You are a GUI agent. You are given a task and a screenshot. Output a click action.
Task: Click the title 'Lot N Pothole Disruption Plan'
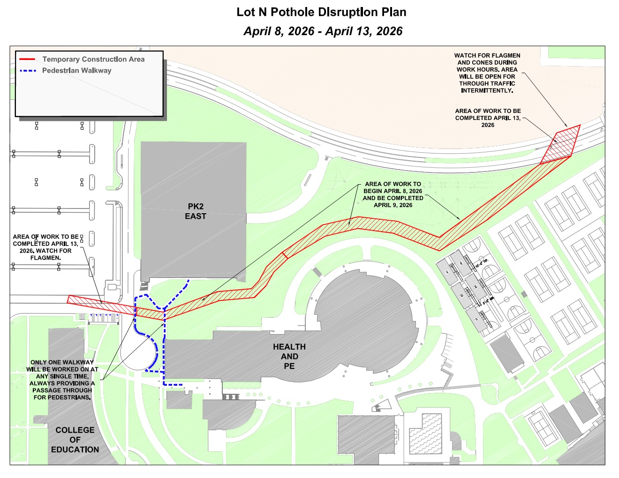pyautogui.click(x=321, y=12)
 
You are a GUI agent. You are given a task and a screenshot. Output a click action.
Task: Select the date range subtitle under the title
pyautogui.click(x=323, y=31)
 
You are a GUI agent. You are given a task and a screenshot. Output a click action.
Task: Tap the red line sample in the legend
pyautogui.click(x=27, y=60)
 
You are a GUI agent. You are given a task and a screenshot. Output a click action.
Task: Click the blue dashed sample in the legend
pyautogui.click(x=28, y=71)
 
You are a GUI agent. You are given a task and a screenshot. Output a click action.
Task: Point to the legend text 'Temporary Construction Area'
pyautogui.click(x=93, y=60)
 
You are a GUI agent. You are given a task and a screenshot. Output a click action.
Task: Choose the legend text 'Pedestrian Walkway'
pyautogui.click(x=76, y=71)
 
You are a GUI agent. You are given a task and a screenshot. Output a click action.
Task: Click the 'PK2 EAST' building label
pyautogui.click(x=196, y=211)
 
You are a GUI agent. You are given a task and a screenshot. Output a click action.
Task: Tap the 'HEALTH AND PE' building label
pyautogui.click(x=289, y=356)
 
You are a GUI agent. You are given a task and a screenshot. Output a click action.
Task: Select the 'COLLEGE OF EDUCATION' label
pyautogui.click(x=75, y=440)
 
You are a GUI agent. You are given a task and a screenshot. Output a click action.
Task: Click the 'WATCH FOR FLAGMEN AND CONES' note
pyautogui.click(x=487, y=73)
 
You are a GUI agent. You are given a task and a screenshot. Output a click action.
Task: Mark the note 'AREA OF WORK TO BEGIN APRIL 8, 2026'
pyautogui.click(x=393, y=194)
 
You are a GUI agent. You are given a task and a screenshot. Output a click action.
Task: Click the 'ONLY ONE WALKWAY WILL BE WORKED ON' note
pyautogui.click(x=62, y=380)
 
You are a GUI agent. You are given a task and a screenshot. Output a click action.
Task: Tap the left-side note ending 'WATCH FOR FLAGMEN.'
pyautogui.click(x=45, y=247)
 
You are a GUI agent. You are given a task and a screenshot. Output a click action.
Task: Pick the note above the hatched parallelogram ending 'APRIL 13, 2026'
pyautogui.click(x=488, y=118)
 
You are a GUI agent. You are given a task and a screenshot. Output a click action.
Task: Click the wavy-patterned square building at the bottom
pyautogui.click(x=425, y=433)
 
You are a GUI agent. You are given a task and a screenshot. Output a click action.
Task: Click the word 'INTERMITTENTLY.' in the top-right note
pyautogui.click(x=487, y=90)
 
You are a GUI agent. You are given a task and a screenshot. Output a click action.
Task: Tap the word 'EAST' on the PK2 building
pyautogui.click(x=196, y=217)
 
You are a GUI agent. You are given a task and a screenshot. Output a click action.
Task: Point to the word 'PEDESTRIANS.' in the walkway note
pyautogui.click(x=62, y=397)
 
